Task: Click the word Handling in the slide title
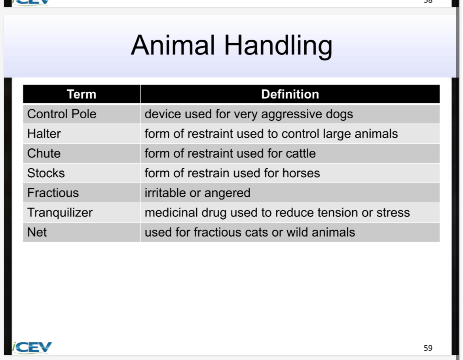coord(278,45)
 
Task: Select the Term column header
coord(82,94)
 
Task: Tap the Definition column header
coord(290,94)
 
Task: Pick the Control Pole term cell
coord(62,114)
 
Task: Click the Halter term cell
coord(44,134)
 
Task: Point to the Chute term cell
coord(44,153)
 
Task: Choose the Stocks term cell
coord(46,173)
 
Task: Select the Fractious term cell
coord(53,193)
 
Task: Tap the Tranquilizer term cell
coord(60,213)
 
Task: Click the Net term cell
coord(37,232)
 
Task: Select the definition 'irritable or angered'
coord(197,193)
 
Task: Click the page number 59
coord(428,348)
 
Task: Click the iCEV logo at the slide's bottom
coord(32,347)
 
